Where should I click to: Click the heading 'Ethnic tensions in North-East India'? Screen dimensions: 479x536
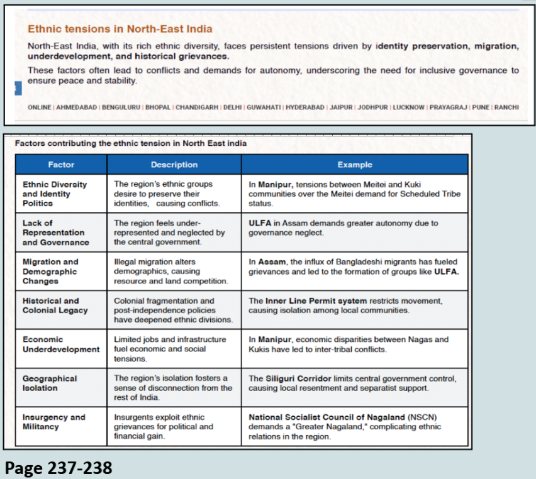click(120, 29)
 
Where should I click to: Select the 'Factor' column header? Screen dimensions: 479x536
click(61, 165)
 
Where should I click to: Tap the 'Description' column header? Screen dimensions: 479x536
click(174, 165)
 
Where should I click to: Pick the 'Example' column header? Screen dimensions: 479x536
click(355, 165)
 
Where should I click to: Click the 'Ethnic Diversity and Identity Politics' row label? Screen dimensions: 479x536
click(55, 194)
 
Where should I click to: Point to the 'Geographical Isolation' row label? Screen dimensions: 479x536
click(50, 383)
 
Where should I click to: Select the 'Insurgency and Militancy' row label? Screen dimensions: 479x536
click(53, 422)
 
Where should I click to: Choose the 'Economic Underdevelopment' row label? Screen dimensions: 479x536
click(61, 344)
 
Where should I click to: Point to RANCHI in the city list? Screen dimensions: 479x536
click(506, 107)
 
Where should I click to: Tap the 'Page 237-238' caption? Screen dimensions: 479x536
click(59, 468)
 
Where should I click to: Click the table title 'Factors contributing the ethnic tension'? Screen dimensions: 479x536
click(131, 143)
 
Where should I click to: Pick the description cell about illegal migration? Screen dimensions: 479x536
click(171, 272)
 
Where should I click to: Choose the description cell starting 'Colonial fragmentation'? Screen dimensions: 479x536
click(173, 311)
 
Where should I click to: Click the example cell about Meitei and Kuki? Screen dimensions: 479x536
click(354, 194)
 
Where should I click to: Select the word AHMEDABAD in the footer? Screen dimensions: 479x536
click(77, 107)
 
